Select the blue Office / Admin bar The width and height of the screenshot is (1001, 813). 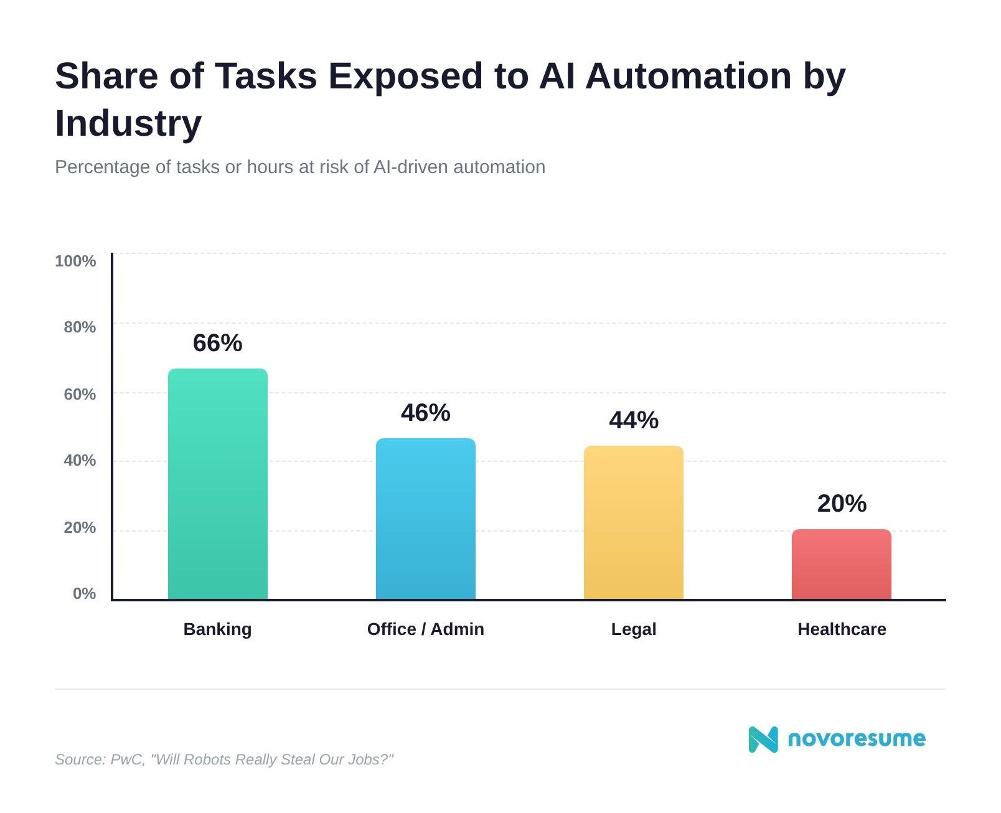[425, 519]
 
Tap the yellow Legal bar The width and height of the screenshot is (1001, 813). [633, 523]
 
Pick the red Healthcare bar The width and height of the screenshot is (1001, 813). [841, 565]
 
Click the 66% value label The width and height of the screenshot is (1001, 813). [217, 343]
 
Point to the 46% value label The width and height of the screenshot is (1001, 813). [425, 413]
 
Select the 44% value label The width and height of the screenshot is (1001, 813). [633, 420]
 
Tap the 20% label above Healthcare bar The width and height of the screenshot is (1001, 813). [841, 504]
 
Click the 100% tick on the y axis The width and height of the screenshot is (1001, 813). [75, 261]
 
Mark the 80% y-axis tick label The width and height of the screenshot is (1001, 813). [80, 327]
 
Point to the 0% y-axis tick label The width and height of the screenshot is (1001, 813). [84, 593]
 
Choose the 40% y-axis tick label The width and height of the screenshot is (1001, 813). [80, 460]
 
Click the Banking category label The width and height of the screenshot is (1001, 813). [217, 629]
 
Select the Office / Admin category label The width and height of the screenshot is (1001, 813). [425, 629]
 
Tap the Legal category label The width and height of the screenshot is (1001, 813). [633, 629]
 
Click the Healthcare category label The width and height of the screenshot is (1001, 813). [841, 629]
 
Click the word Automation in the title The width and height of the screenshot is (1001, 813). [688, 76]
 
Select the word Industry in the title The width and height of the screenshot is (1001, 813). [128, 123]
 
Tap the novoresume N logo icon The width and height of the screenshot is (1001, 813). [763, 739]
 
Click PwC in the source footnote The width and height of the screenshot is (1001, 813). [126, 759]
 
